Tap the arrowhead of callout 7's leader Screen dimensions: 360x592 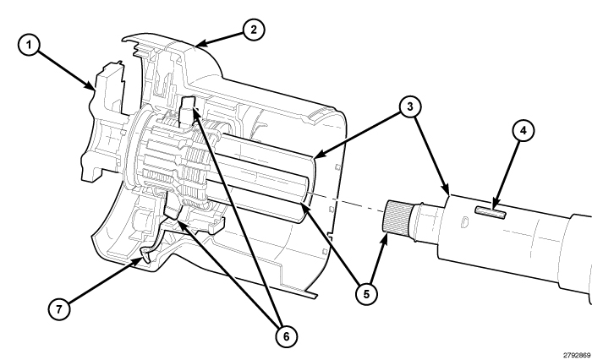pyautogui.click(x=140, y=261)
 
